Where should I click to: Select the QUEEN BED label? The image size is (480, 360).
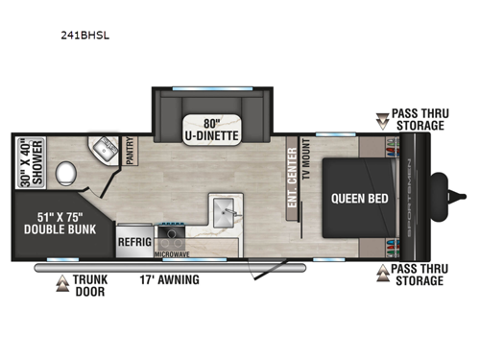point(357,201)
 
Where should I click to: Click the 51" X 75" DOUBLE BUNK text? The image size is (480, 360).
point(58,223)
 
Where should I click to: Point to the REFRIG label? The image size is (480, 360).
point(134,244)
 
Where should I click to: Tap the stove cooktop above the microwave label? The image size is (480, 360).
point(174,236)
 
